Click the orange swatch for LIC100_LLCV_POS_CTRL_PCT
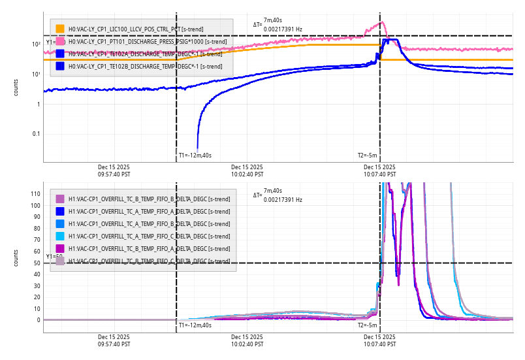coord(60,29)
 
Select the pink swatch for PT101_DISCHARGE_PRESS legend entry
coord(60,41)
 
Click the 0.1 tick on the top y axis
coord(37,134)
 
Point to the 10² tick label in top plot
coord(37,44)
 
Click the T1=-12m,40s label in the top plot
coord(195,155)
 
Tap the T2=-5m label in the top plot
coord(367,155)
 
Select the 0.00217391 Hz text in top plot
coord(283,29)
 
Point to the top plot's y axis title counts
coord(16,88)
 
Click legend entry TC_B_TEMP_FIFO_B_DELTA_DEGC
coord(149,199)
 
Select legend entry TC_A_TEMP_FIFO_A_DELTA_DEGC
coord(149,211)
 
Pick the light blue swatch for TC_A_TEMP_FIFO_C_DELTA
coord(60,236)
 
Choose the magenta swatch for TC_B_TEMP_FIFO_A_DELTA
coord(60,248)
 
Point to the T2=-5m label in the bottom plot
coord(367,325)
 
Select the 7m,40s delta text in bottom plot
coord(273,190)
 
